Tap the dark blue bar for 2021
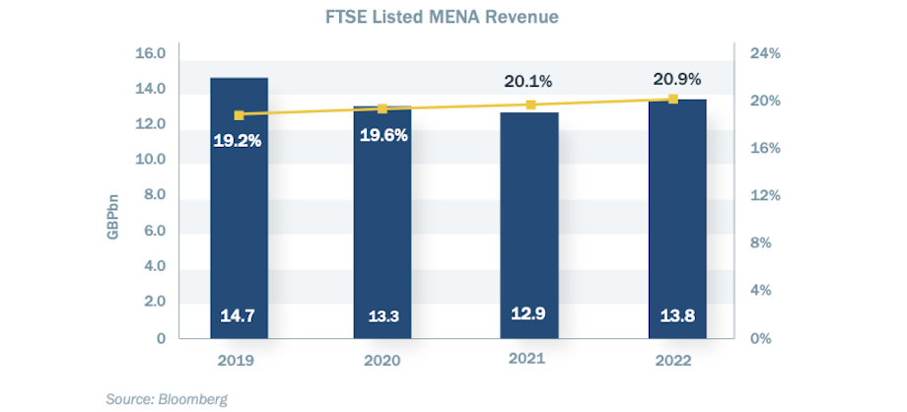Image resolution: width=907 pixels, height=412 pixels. pos(529,227)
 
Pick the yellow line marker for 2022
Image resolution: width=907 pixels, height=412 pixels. pos(673,99)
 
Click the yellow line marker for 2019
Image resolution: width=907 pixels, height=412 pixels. pos(239,115)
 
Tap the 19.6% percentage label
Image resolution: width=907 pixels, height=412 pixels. pos(384,135)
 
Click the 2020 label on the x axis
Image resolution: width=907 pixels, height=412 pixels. pos(384,361)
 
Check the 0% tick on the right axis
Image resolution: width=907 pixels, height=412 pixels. pos(759,338)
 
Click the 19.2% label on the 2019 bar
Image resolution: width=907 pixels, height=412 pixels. pos(238,141)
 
